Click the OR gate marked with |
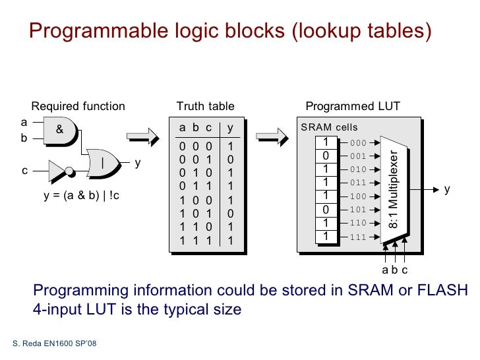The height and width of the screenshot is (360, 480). [x=104, y=162]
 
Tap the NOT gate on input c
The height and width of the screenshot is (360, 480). [x=59, y=171]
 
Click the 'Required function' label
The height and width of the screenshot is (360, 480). [x=78, y=106]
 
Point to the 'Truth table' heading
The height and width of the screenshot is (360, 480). [x=205, y=106]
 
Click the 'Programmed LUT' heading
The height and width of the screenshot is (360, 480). [x=353, y=106]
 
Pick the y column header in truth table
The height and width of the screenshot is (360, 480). [x=230, y=127]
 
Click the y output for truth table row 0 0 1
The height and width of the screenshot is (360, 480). [x=230, y=159]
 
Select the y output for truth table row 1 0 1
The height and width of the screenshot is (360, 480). [x=230, y=214]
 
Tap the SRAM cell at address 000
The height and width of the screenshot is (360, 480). [x=325, y=142]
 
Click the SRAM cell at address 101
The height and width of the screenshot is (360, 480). [x=325, y=210]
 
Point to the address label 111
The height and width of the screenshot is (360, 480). [x=358, y=237]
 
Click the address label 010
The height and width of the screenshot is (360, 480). [x=358, y=169]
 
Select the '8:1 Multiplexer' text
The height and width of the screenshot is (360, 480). [x=393, y=189]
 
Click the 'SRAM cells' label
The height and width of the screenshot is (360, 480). [x=329, y=127]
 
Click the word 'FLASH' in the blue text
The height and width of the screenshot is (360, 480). [x=443, y=291]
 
